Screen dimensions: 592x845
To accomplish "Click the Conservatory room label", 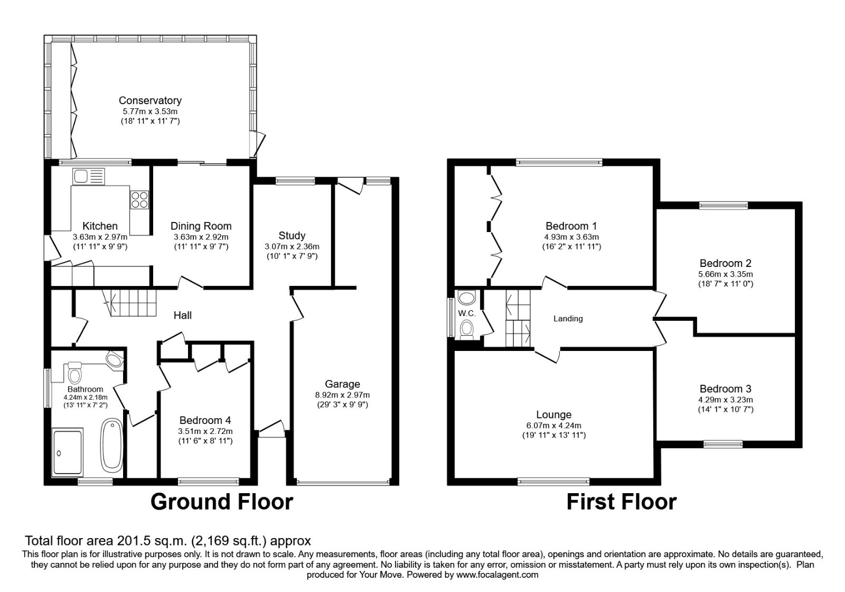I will click(150, 100).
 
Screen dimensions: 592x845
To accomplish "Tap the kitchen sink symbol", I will click(89, 175).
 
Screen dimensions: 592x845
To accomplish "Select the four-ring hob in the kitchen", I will click(140, 199).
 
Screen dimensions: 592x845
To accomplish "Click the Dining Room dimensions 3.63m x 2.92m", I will click(201, 237).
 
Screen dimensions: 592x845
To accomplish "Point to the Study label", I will click(292, 236).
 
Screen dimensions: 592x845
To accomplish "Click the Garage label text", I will click(342, 384).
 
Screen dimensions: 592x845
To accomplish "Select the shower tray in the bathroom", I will click(68, 451).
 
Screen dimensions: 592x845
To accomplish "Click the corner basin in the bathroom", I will click(115, 360).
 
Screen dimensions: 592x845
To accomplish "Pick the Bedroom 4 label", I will click(205, 421).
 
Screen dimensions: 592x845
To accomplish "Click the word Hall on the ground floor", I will click(183, 316).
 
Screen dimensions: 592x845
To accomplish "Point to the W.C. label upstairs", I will click(467, 313).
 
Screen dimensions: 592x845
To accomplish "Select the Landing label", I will click(568, 319).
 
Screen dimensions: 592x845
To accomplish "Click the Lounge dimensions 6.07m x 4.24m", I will click(553, 425).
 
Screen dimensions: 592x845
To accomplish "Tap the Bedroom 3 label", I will click(726, 389).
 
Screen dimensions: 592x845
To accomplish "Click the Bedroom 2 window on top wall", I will click(724, 205).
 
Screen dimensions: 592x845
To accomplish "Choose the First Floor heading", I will click(621, 502).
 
